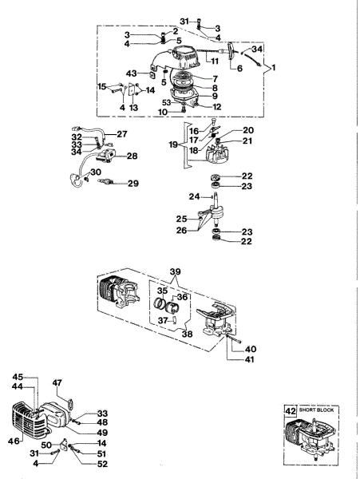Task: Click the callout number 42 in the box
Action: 291,410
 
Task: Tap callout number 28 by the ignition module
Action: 132,156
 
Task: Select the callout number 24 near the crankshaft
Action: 194,196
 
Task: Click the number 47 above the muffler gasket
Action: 58,384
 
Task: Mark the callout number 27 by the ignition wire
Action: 122,133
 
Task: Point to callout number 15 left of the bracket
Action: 101,85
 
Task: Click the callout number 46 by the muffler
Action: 15,439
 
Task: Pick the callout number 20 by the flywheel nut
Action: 225,129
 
